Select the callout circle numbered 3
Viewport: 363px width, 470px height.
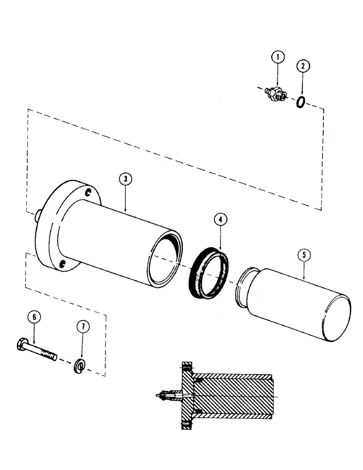coord(125,179)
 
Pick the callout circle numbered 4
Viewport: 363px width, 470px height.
coord(220,219)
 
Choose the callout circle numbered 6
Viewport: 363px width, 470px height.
coord(34,317)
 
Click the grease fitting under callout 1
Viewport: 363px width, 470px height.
coord(274,94)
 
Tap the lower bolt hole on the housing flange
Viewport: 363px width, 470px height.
coord(62,265)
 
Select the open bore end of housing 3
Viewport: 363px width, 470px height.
coord(163,261)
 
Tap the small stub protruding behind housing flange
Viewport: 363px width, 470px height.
coord(36,216)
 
